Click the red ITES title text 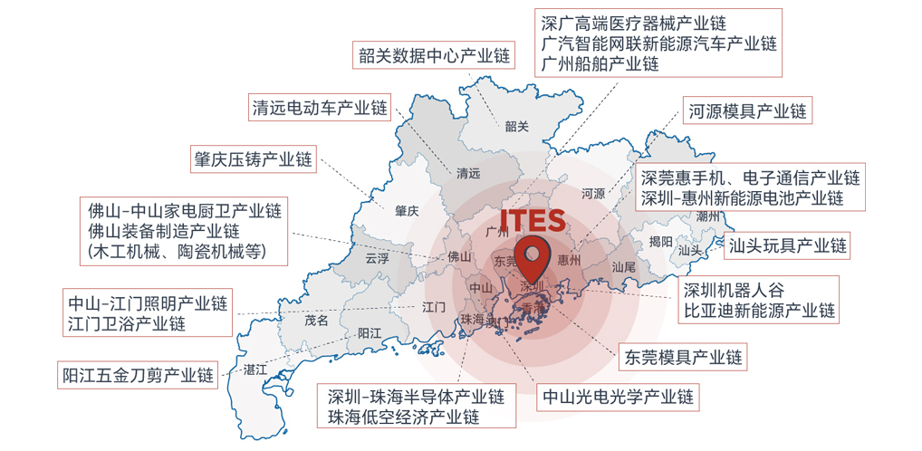(533, 221)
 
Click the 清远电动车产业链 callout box (320, 108)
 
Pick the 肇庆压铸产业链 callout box (252, 159)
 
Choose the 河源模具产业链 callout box (746, 111)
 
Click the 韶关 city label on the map (516, 127)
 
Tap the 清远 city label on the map (468, 173)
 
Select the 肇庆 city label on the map (407, 211)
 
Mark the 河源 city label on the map (592, 193)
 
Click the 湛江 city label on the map (255, 369)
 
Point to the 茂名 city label (316, 320)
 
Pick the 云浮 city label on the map (377, 258)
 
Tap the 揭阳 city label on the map (661, 242)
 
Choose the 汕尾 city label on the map (624, 267)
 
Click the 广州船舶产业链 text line (600, 64)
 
